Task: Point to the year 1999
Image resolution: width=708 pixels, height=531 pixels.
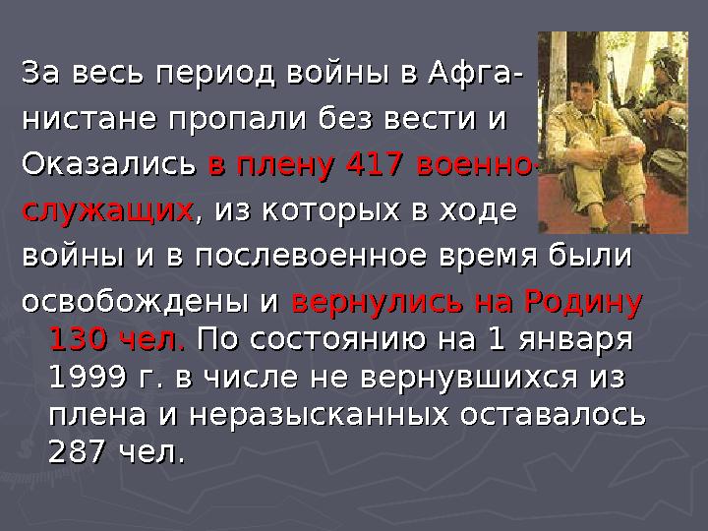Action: pos(91,379)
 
